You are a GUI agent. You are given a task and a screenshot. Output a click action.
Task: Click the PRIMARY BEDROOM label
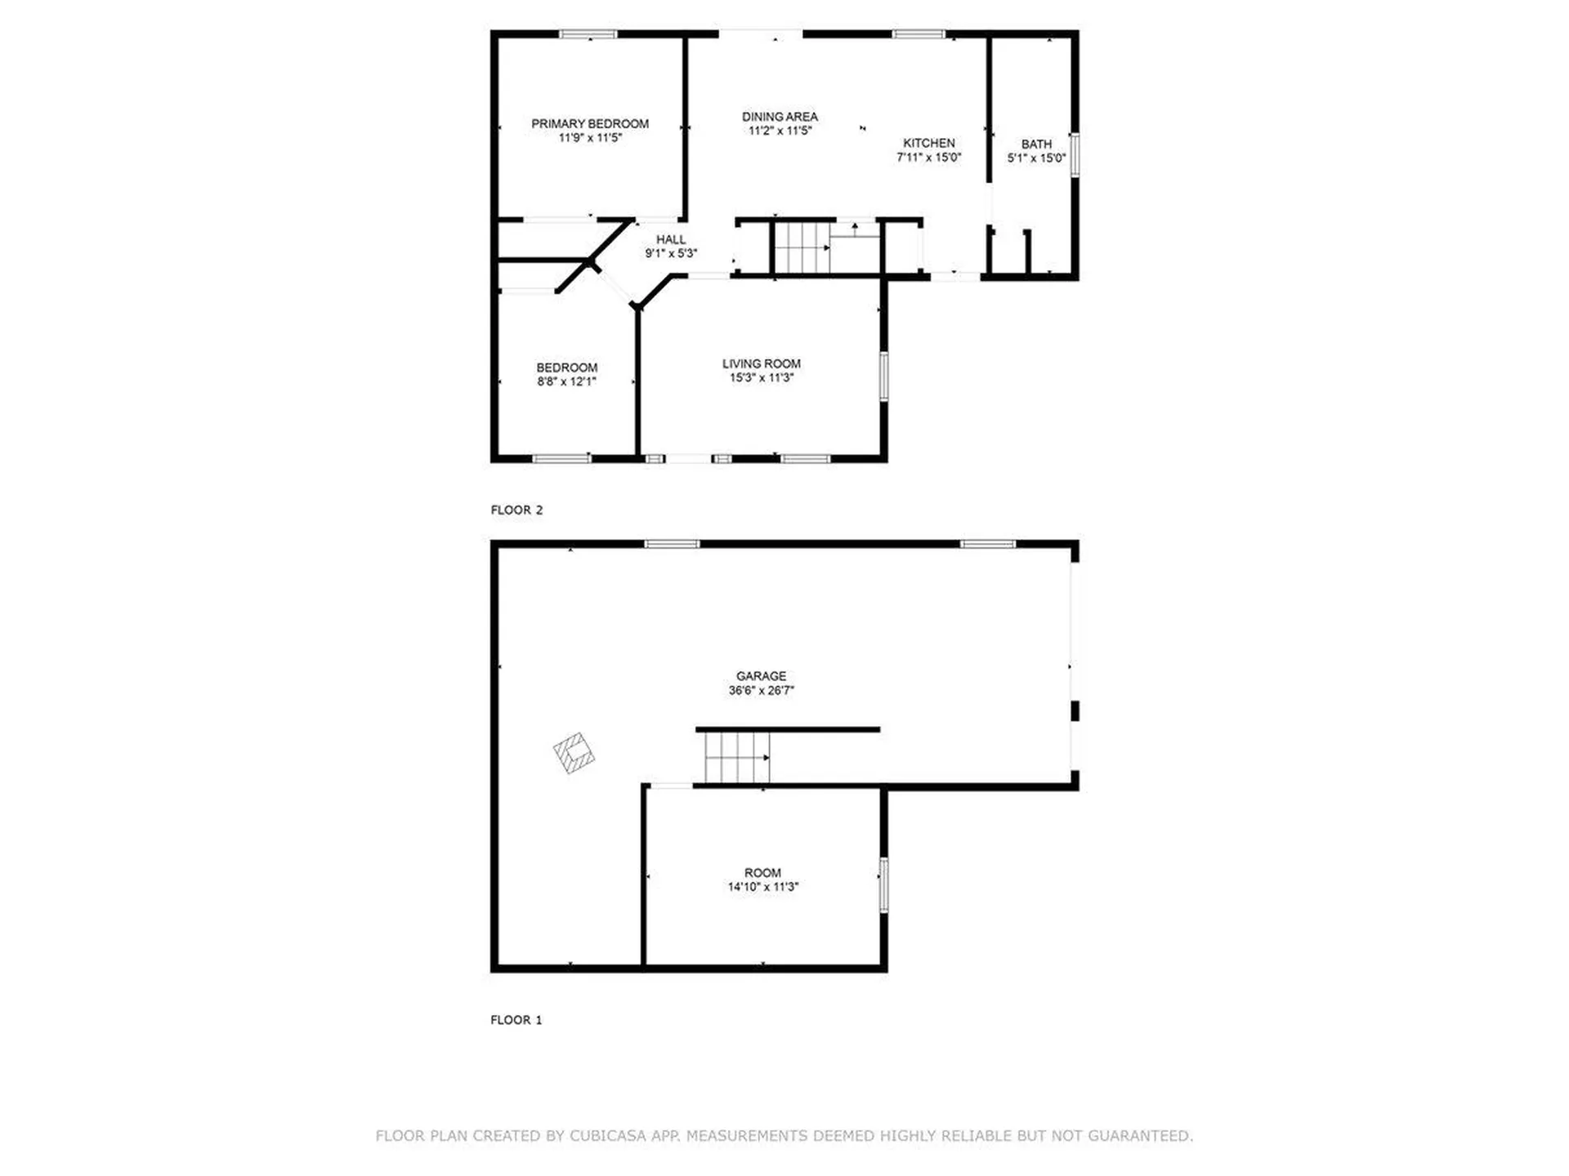[589, 124]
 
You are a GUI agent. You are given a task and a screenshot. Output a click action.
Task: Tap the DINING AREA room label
[780, 117]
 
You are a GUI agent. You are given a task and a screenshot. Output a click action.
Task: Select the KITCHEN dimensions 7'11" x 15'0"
[928, 158]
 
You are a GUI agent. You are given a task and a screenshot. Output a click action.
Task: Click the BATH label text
[1036, 145]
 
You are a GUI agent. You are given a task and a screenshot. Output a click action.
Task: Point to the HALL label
[671, 239]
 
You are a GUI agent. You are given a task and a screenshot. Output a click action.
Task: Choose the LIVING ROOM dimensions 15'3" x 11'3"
[761, 378]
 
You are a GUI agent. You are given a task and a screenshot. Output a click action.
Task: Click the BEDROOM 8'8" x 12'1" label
[566, 374]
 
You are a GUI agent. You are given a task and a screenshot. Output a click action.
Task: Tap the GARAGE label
[761, 676]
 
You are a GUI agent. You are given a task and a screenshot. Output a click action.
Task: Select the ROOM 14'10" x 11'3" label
[762, 880]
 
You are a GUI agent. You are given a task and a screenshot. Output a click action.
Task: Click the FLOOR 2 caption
[516, 510]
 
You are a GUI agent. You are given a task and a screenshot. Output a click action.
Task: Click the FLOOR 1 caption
[516, 1020]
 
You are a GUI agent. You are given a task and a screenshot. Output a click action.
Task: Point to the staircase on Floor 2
[802, 247]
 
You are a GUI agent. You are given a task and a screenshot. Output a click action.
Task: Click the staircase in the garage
[737, 758]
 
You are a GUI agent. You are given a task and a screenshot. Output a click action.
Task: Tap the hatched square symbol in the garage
[574, 753]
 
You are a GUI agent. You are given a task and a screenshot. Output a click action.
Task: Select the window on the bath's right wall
[1075, 154]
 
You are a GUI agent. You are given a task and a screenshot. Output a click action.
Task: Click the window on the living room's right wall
[883, 376]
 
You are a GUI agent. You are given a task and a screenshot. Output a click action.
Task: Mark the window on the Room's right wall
[883, 885]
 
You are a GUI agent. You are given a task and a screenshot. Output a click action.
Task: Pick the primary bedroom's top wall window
[588, 34]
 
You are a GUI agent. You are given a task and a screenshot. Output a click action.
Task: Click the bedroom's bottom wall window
[561, 459]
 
